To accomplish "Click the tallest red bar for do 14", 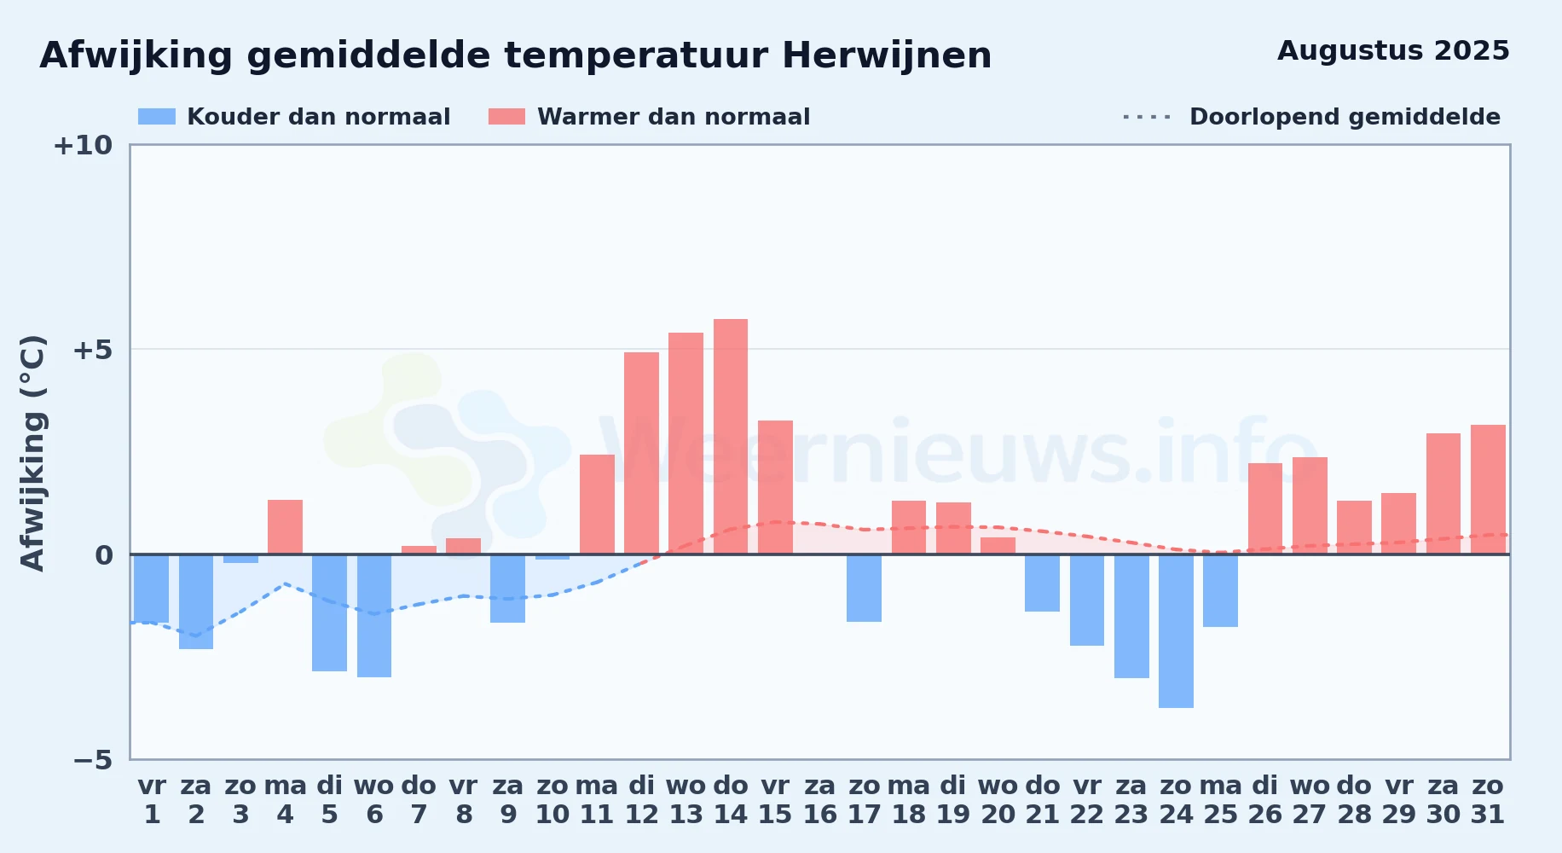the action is [731, 437].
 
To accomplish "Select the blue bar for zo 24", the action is [1176, 631].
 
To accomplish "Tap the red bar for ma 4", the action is [285, 527].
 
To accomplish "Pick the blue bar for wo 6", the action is [374, 616].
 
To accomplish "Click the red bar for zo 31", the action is [1488, 490].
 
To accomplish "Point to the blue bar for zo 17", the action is [864, 588].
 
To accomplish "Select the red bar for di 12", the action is [641, 453].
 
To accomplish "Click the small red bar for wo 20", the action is [998, 546].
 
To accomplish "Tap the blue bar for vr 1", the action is [151, 589].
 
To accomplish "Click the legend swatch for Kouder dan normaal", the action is [157, 117].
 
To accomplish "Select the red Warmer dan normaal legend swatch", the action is [506, 117].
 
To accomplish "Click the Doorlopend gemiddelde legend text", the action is [1345, 117].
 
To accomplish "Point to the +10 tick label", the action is [83, 145].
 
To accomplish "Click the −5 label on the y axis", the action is [93, 759].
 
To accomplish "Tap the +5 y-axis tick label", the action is [93, 350].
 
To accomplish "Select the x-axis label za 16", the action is [819, 800].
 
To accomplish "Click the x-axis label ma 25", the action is [1220, 800].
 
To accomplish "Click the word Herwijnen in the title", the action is [887, 56].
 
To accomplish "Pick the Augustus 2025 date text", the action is [1393, 51].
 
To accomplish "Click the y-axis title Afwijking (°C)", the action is [32, 453].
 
